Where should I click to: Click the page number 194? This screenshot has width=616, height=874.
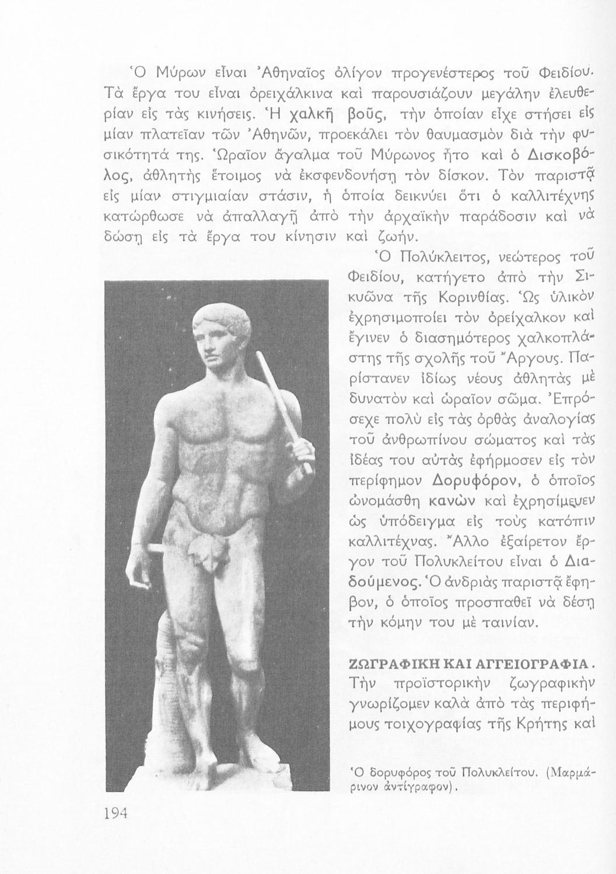point(116,813)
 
